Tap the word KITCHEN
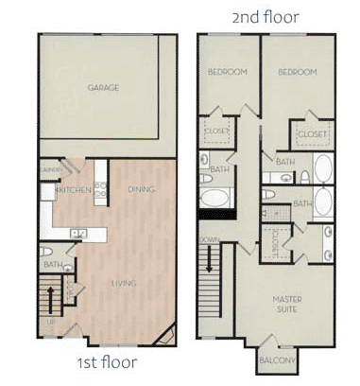pos(74,190)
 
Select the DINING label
pos(140,189)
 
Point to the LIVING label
pos(123,283)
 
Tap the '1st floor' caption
pos(105,362)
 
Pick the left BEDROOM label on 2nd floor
pos(228,71)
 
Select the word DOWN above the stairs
pos(210,239)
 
